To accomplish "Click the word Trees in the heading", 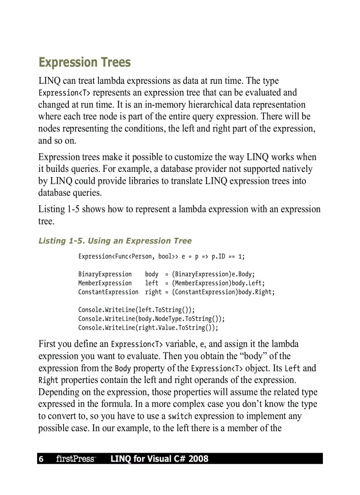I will click(x=114, y=63).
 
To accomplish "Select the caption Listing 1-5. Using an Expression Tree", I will click(x=115, y=241).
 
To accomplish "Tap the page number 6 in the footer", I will click(x=41, y=459).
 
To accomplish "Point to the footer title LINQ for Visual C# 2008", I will click(x=159, y=459).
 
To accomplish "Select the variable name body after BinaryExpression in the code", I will click(x=151, y=274).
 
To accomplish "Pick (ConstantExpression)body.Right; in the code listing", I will click(x=223, y=292).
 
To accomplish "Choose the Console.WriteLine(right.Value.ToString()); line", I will click(x=148, y=328).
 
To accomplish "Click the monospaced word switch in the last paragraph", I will click(x=180, y=416).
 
